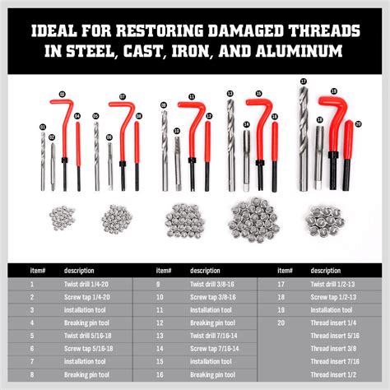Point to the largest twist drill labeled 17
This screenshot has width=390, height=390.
pyautogui.click(x=304, y=140)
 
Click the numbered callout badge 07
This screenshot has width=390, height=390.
pyautogui.click(x=123, y=97)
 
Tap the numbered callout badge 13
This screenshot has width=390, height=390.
pyautogui.click(x=230, y=94)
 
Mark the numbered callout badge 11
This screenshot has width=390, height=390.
pyautogui.click(x=192, y=96)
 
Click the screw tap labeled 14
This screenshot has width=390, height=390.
pyautogui.click(x=246, y=160)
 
